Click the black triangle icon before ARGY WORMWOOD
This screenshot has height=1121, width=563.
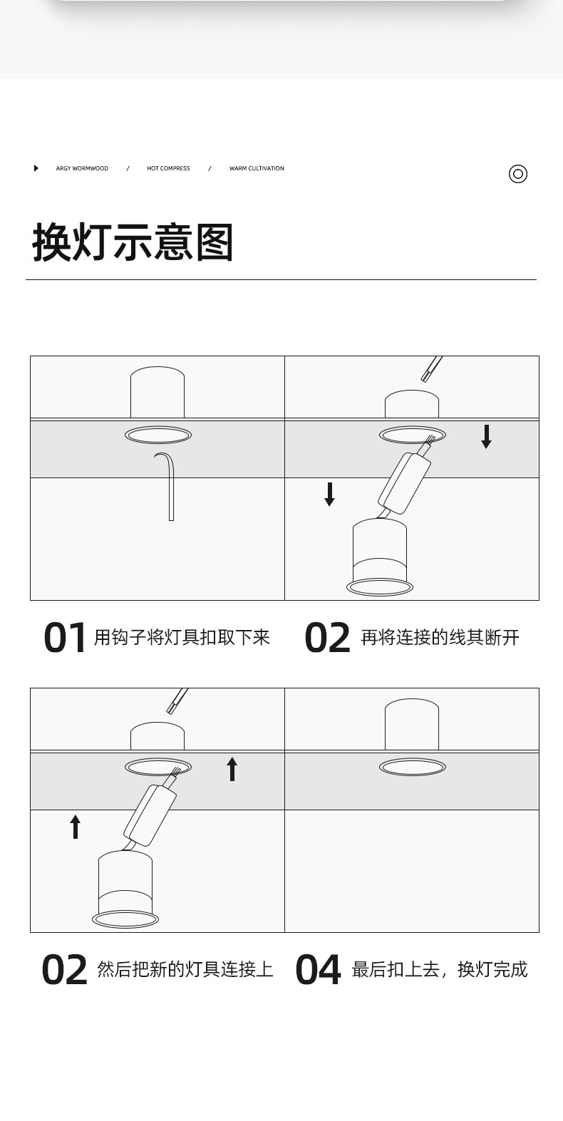36,168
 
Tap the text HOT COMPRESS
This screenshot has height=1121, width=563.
168,169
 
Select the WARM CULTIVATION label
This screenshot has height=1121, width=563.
257,169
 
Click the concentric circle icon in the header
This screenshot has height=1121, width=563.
518,174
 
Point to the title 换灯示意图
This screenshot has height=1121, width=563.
133,242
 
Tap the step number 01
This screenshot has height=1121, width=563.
65,638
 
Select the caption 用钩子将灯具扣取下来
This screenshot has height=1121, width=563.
182,637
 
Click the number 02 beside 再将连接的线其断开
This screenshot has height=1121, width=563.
327,638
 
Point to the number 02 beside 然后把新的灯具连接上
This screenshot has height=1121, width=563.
64,970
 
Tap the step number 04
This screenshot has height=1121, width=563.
318,970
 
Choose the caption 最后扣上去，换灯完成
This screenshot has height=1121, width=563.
439,969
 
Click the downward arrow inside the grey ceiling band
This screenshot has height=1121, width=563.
487,436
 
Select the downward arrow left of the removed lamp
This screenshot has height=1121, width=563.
329,494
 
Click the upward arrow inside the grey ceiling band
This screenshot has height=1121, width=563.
232,769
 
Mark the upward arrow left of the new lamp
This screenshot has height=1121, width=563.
76,827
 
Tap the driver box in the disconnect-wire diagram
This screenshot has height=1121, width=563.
405,484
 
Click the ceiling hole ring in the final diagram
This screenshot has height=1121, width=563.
412,767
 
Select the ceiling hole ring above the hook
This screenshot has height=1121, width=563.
157,435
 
